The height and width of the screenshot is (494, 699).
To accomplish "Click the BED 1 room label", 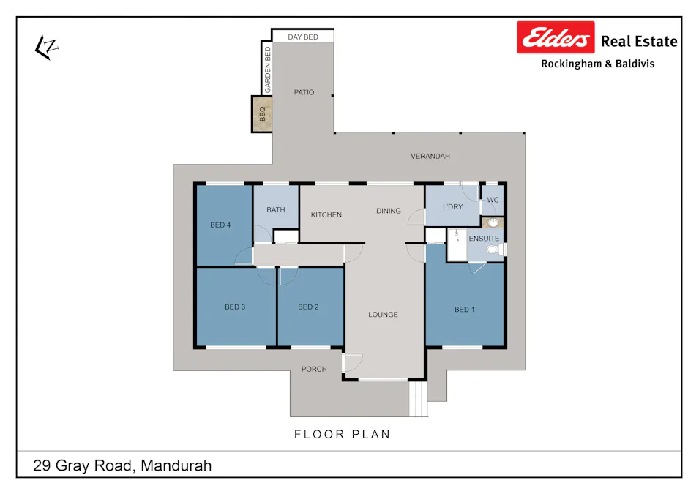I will point(464,310).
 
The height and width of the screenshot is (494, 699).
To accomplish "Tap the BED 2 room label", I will point(308,307).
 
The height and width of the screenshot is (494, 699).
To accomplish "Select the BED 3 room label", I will point(234,307).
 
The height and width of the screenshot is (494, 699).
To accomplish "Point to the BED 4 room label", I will point(220,225).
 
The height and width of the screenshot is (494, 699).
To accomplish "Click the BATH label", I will point(275,210).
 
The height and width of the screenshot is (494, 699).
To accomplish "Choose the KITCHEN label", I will point(326,215).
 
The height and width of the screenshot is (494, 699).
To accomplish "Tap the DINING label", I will point(389,212).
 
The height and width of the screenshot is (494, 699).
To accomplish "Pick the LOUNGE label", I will point(383,315).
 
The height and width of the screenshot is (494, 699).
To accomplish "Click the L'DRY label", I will point(452,207).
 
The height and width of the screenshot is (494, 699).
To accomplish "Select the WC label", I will point(493,200).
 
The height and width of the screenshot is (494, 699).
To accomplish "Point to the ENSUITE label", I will point(484,239).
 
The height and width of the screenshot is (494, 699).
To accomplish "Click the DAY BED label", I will point(302,37).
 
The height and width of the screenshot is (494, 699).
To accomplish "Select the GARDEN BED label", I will point(268,69).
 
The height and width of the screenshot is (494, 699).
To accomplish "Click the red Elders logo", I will point(556,37).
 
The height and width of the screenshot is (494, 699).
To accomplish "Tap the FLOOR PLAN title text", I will point(342,435).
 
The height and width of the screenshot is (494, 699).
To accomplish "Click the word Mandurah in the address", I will point(176,465).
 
